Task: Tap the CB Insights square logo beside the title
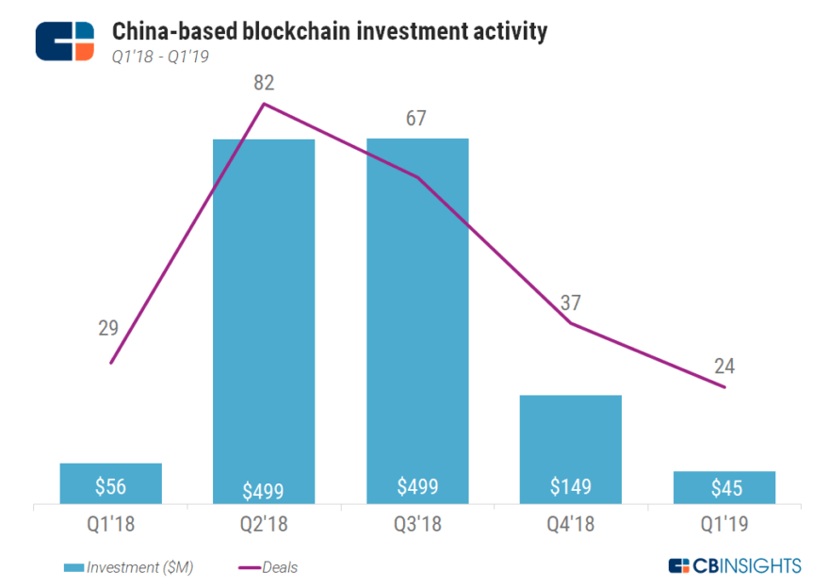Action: [x=65, y=41]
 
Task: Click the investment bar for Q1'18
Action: [x=110, y=483]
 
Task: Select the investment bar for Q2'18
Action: [x=264, y=320]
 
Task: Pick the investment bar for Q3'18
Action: [x=417, y=320]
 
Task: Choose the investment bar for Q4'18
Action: [x=571, y=449]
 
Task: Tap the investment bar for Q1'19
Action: [x=724, y=487]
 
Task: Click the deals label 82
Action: [x=264, y=84]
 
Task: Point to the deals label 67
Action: [x=416, y=119]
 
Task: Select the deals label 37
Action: [x=571, y=302]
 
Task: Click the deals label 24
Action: [x=724, y=366]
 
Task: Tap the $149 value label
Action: [x=571, y=486]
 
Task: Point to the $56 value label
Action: [x=110, y=486]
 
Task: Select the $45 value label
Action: [x=724, y=488]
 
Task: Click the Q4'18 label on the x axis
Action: [x=571, y=523]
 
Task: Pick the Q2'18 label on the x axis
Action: [x=264, y=523]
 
